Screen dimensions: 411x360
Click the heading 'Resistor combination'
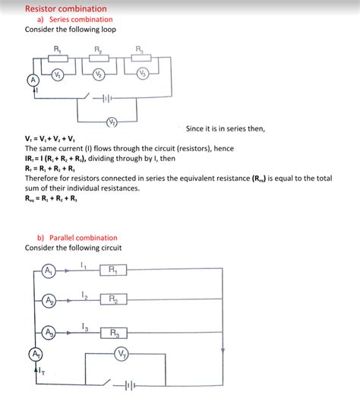[66, 8]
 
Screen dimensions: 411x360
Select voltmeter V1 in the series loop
[58, 74]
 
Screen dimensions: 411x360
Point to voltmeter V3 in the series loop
[142, 74]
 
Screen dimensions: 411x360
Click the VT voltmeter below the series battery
[111, 122]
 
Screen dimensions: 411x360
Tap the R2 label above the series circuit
[99, 50]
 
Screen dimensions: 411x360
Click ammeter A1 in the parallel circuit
[48, 270]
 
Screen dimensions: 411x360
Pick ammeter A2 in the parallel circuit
[48, 301]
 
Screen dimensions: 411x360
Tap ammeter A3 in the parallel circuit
[48, 332]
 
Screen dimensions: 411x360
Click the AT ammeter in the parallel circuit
[35, 354]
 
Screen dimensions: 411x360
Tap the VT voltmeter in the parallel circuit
[122, 354]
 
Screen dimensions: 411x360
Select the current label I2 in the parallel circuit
[85, 294]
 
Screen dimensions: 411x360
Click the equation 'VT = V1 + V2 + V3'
[49, 139]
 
